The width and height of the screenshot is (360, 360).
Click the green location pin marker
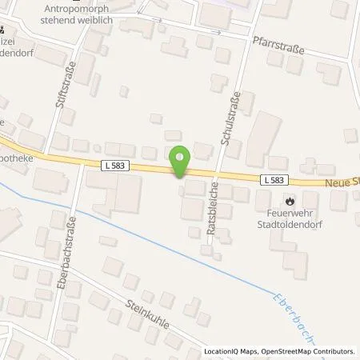[x=180, y=160]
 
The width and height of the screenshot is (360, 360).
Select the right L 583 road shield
[x=271, y=181]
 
